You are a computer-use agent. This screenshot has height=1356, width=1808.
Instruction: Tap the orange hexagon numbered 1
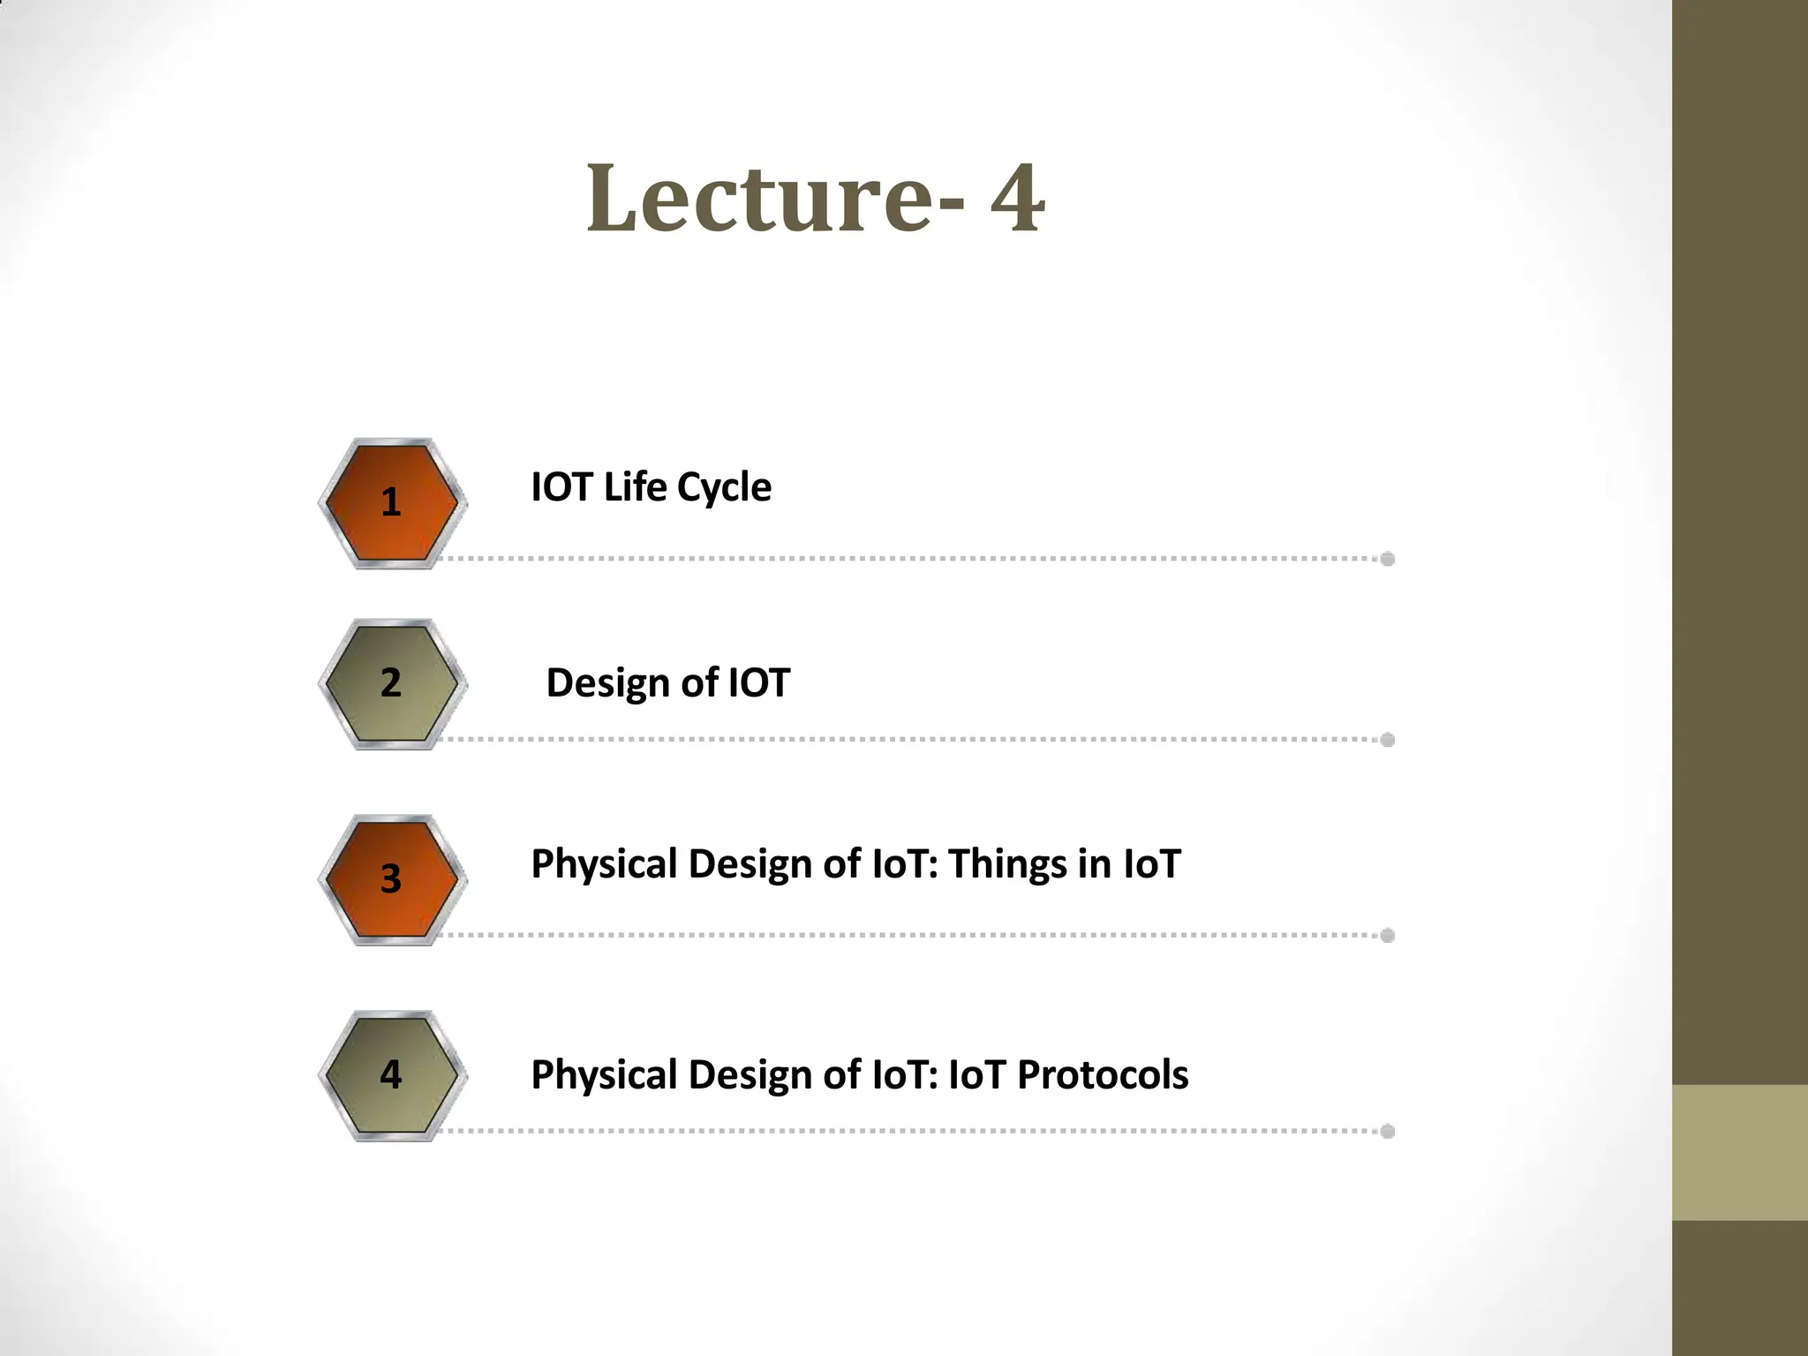pos(392,503)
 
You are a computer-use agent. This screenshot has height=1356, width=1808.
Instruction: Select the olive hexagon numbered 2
pos(392,684)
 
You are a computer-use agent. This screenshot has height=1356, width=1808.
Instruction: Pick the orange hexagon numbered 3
pos(392,880)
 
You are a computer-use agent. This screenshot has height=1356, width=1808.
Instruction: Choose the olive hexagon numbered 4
pos(392,1075)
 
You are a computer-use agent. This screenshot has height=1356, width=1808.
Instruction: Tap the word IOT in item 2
pos(757,683)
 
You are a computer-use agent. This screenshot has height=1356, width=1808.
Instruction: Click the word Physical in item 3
pos(604,864)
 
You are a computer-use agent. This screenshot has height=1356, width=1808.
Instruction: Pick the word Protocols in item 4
pos(1103,1075)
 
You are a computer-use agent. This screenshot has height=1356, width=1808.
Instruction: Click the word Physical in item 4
pos(604,1075)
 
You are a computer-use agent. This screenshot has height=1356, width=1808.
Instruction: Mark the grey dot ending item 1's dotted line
pos(1387,559)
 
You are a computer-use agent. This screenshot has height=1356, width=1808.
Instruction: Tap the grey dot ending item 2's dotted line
pos(1387,740)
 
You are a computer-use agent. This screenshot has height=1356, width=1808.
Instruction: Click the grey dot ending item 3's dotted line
pos(1387,936)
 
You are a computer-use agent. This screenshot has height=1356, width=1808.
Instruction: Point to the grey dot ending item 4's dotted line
pos(1387,1131)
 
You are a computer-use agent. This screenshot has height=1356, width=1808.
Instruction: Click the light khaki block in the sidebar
pos(1739,1152)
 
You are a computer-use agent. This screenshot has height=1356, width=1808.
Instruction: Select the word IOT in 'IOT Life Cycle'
pos(561,486)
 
